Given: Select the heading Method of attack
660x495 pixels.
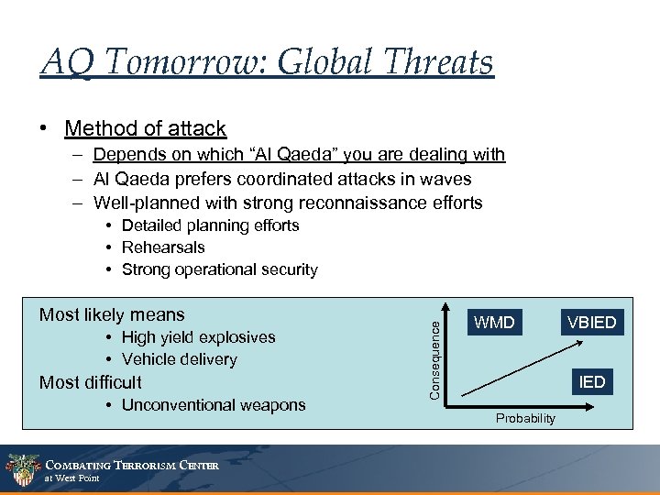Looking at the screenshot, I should coord(145,128).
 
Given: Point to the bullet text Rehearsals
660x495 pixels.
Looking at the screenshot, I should coord(163,247).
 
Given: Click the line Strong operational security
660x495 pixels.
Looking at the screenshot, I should coord(219,269).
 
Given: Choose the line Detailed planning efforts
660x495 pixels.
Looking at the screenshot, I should coord(210,225).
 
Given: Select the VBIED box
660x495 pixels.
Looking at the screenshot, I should coord(591,323).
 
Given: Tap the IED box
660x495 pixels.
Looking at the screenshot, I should coord(592,381).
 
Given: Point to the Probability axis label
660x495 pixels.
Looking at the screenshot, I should coord(525,419).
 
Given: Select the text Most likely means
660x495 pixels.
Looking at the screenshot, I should coord(112,314).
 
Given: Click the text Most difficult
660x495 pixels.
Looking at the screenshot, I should coord(91,382).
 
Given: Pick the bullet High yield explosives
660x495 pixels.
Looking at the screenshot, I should coord(198,337).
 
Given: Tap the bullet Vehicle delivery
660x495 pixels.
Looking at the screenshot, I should coord(179,359).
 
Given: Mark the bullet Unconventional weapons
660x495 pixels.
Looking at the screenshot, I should coord(214,405).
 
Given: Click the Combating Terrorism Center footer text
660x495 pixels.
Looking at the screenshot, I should coord(133,466).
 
